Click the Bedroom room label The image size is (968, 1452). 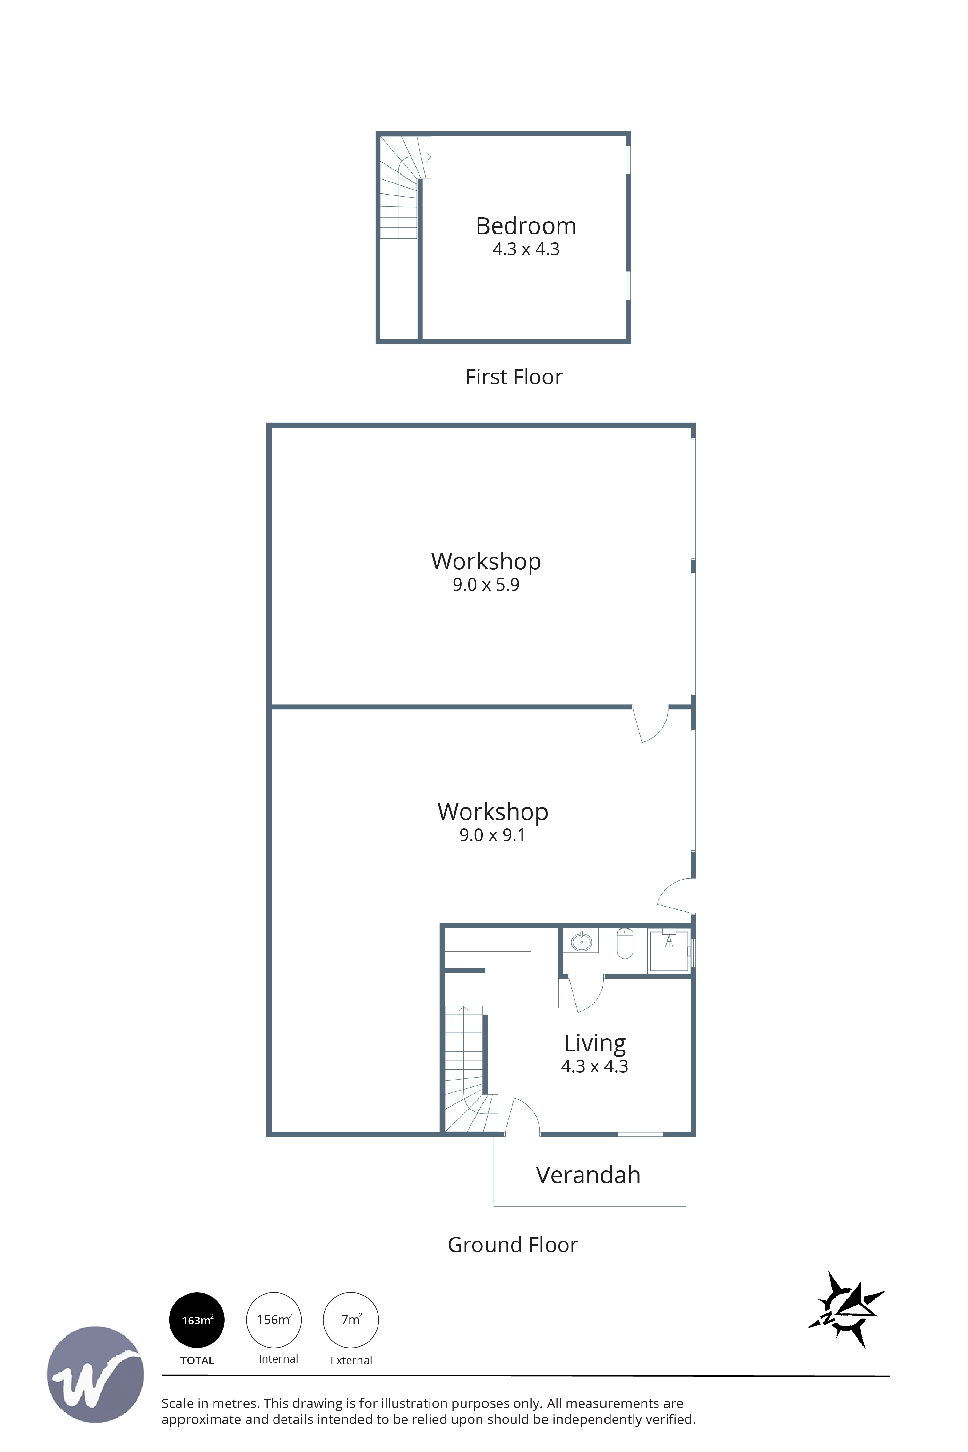pyautogui.click(x=526, y=226)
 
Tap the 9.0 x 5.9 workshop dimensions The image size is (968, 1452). pyautogui.click(x=486, y=584)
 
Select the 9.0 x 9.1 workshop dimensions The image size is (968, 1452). pyautogui.click(x=492, y=835)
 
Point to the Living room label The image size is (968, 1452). pyautogui.click(x=594, y=1044)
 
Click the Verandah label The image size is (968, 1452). pyautogui.click(x=588, y=1175)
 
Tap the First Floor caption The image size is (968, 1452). pyautogui.click(x=514, y=377)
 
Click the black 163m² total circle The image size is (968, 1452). pyautogui.click(x=197, y=1320)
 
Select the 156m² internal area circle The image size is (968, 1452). pyautogui.click(x=274, y=1320)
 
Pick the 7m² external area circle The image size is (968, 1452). pyautogui.click(x=351, y=1320)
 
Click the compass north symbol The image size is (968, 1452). pyautogui.click(x=847, y=1309)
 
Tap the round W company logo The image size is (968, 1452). pyautogui.click(x=96, y=1375)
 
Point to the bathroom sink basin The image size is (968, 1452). pyautogui.click(x=581, y=942)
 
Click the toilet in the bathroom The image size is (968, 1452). pyautogui.click(x=625, y=943)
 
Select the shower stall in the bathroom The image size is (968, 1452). pyautogui.click(x=669, y=950)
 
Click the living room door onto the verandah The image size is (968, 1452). pyautogui.click(x=523, y=1116)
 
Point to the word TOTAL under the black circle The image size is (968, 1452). pyautogui.click(x=197, y=1361)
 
